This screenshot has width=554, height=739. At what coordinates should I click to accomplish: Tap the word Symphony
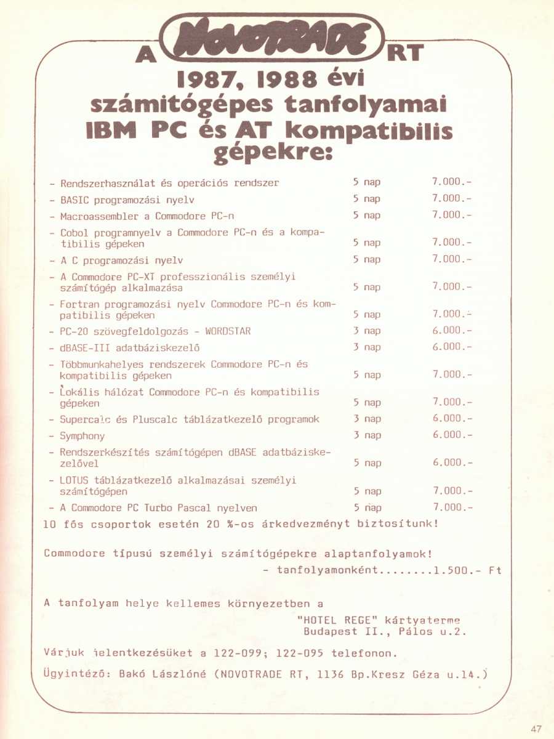(82, 435)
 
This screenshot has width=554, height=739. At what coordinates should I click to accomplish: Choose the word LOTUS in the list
(74, 480)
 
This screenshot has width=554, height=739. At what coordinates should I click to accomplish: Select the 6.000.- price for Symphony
(452, 435)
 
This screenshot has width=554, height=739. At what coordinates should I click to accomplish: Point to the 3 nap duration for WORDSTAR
(367, 331)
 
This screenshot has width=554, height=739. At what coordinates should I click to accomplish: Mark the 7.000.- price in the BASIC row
(452, 198)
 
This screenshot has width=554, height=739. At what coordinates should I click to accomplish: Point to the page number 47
(536, 729)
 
